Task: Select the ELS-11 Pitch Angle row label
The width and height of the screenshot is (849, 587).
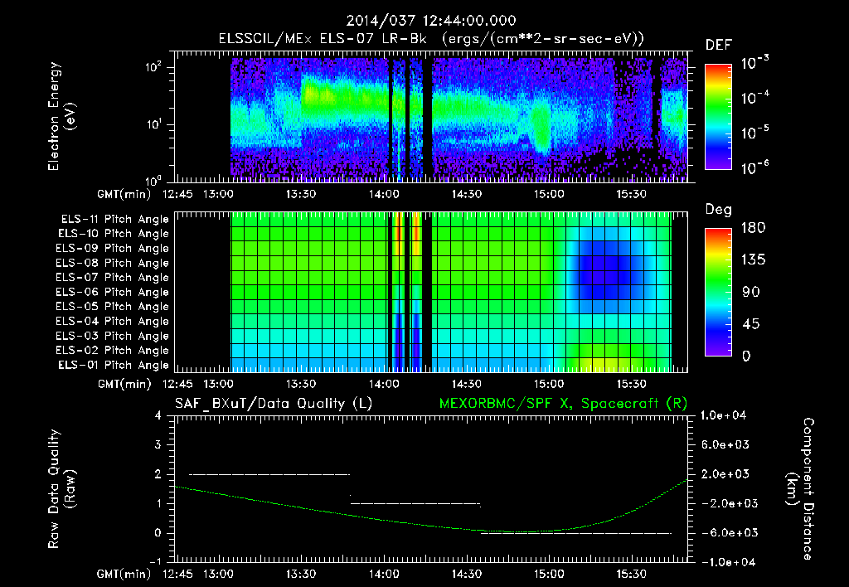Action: [x=114, y=219]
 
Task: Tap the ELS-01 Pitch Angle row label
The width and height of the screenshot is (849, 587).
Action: [x=114, y=365]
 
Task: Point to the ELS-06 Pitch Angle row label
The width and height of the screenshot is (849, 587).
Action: [x=114, y=292]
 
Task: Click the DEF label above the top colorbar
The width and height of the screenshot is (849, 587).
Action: [x=717, y=45]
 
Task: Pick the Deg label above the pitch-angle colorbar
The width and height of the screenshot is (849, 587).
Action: [x=717, y=209]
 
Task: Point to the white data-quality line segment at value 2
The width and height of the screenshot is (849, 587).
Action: [x=269, y=474]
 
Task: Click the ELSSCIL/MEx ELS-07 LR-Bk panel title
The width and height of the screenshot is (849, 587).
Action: [x=431, y=38]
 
